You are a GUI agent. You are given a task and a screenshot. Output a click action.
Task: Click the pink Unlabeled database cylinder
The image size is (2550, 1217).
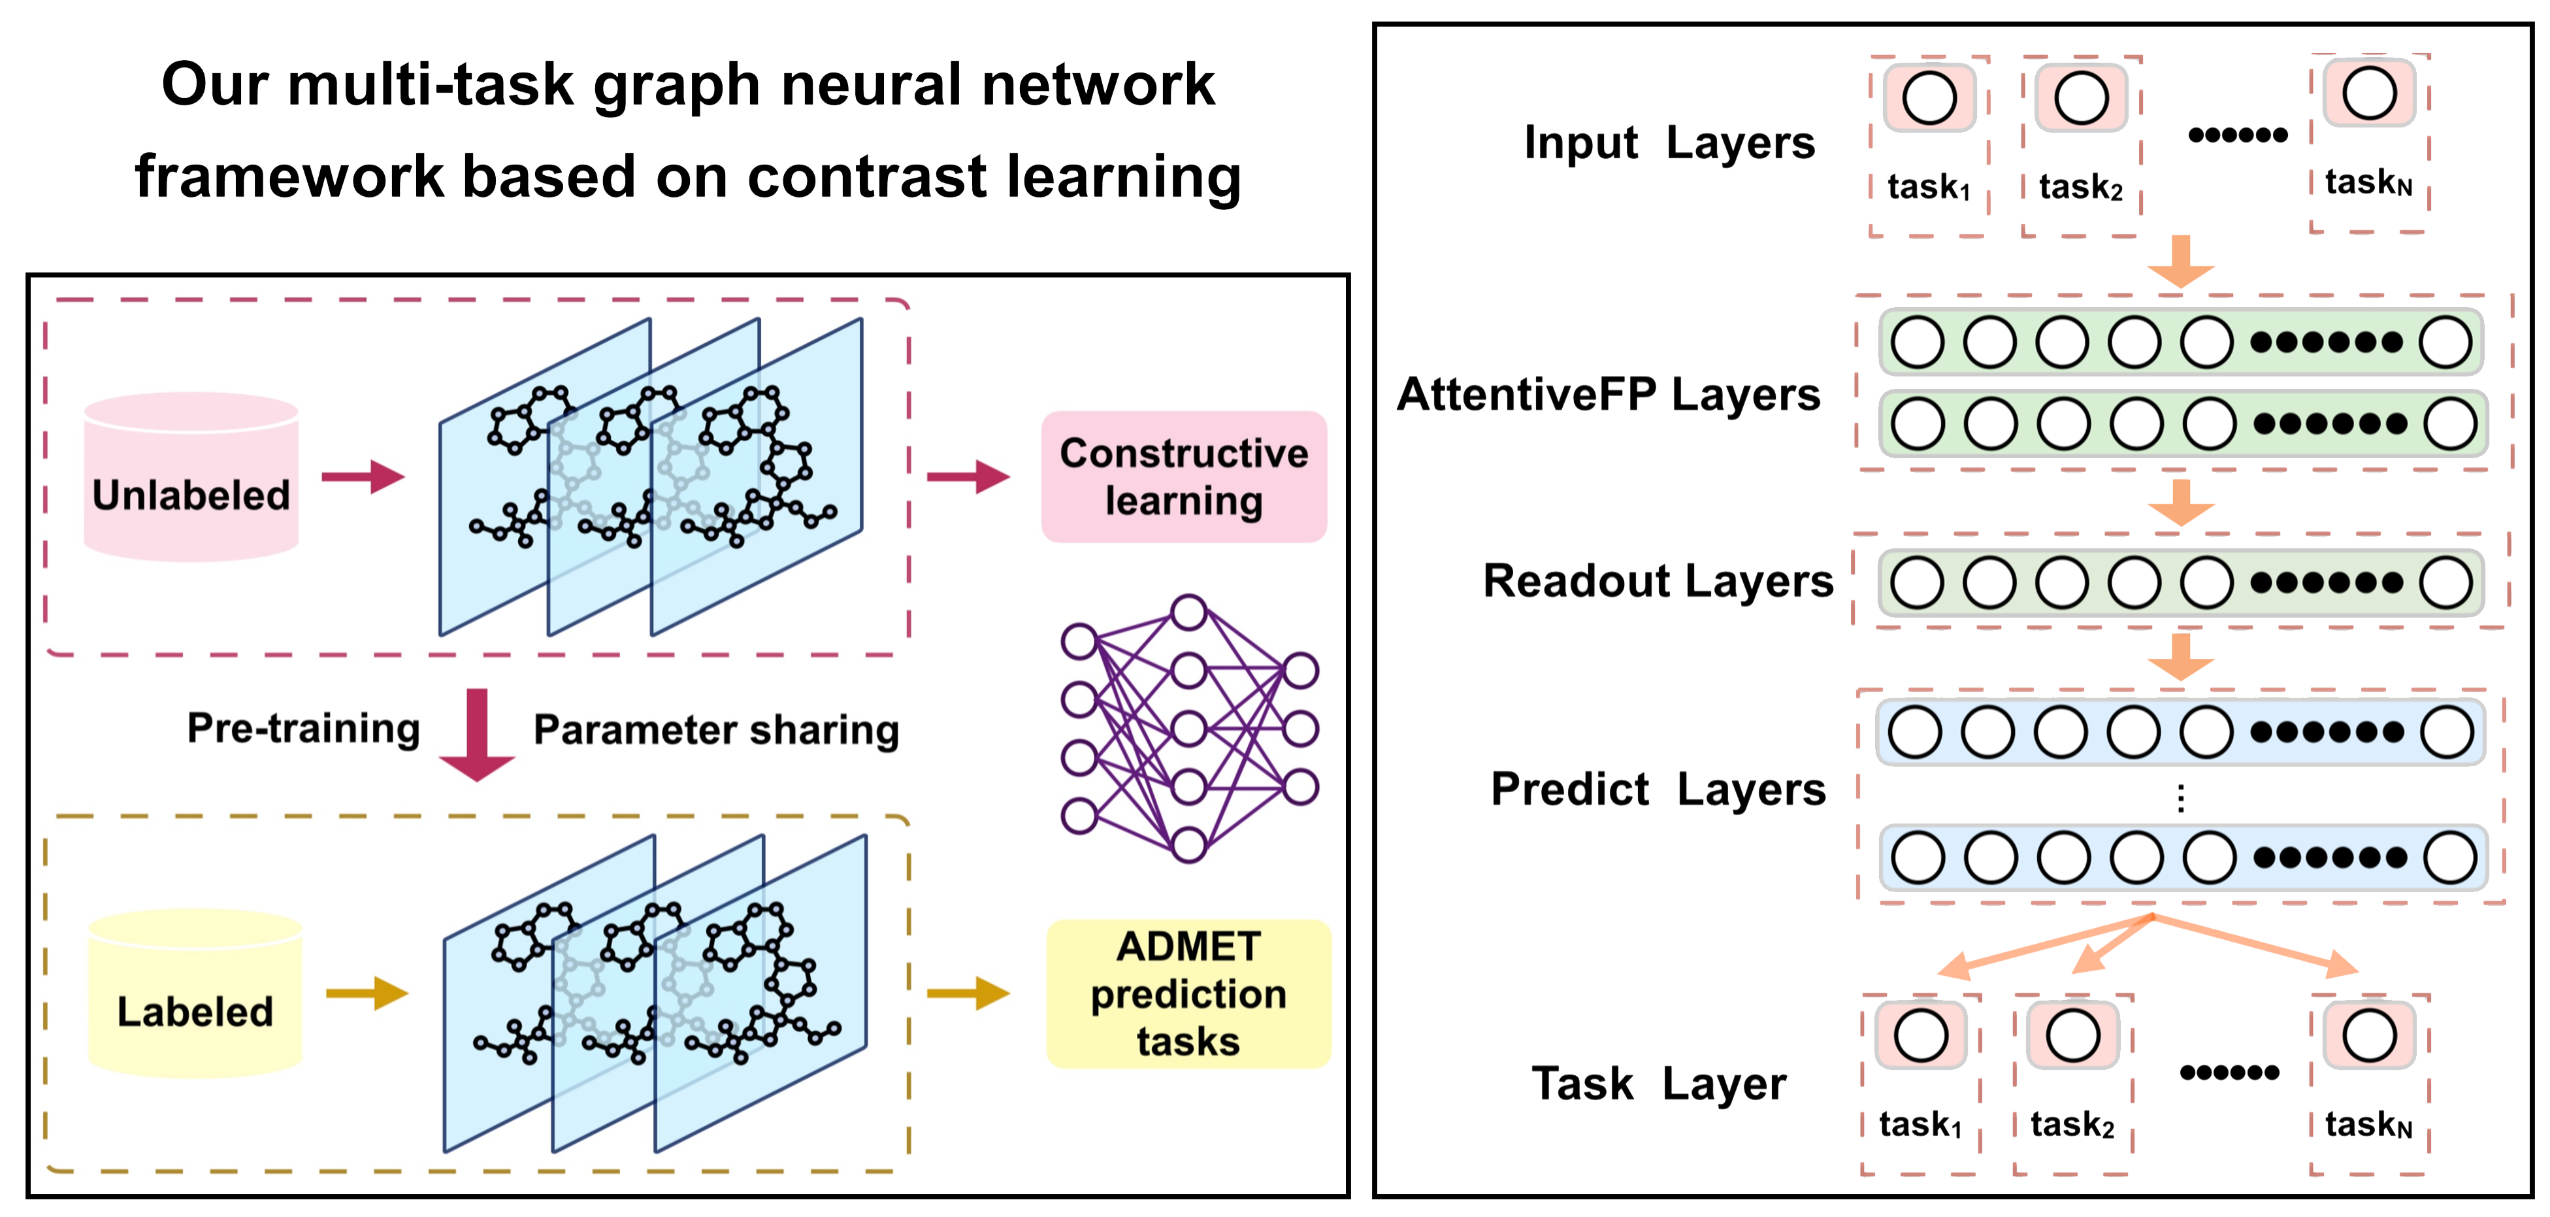coord(191,477)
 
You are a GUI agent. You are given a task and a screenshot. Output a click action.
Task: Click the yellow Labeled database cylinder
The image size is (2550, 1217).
coord(195,993)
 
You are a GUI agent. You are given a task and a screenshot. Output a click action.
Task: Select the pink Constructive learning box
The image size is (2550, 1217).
coord(1183,476)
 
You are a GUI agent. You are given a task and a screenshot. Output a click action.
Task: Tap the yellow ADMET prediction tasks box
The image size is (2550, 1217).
coord(1188,993)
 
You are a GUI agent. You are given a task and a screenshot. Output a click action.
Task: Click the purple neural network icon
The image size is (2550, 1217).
coord(1188,729)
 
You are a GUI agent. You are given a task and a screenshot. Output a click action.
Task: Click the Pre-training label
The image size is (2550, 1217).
coord(304,729)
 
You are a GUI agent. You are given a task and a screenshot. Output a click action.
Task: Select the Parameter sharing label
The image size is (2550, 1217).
coord(715,730)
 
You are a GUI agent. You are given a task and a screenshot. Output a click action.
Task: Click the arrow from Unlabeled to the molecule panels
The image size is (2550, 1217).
coord(363,476)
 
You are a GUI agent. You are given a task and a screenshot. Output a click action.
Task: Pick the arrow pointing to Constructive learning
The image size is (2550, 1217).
coord(967,476)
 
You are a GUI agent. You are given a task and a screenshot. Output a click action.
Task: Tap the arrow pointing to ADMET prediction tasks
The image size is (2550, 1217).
coord(967,993)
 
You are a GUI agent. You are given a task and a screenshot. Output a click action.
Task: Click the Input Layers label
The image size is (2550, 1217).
coord(1669,142)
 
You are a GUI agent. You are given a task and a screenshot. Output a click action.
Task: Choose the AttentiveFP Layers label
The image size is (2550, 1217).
coord(1608,394)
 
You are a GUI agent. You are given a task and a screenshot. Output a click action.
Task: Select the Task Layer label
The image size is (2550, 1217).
coord(1658,1083)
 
